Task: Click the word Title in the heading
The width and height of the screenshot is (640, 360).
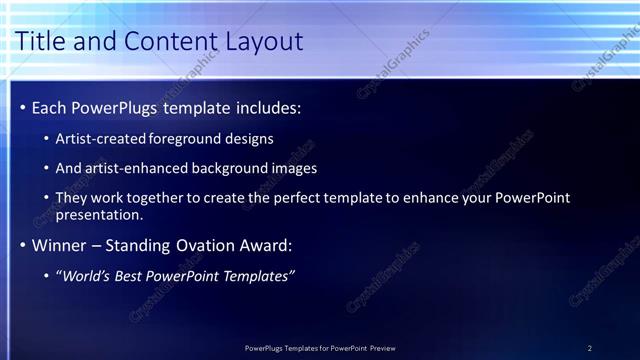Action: click(x=43, y=41)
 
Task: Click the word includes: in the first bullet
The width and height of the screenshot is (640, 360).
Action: click(x=263, y=107)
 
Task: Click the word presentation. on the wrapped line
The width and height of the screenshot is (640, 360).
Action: click(x=100, y=214)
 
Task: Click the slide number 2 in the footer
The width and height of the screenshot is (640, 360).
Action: click(x=590, y=348)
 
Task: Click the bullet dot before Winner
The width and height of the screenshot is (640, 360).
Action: click(x=22, y=245)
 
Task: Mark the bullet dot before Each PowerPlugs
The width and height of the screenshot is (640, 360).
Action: click(x=22, y=107)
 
